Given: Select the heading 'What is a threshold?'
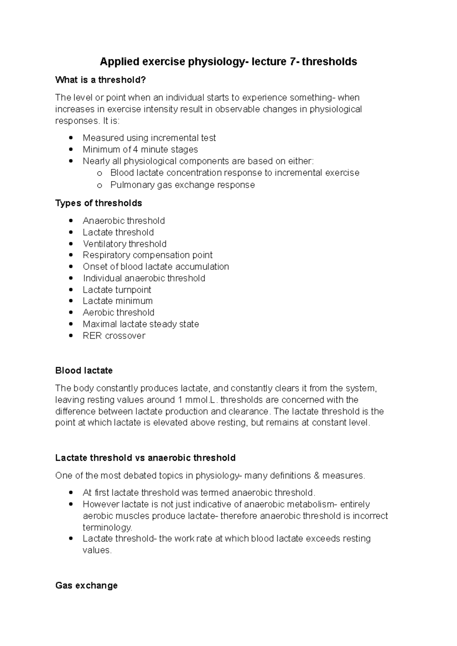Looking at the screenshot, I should coord(101,80).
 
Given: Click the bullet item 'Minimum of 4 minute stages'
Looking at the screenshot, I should coord(140,150).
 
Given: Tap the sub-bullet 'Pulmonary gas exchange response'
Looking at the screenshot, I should coord(182,185).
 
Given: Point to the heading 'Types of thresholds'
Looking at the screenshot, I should coord(99,203).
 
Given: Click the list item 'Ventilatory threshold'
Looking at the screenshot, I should coord(125,244).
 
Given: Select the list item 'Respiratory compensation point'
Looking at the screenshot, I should coord(147,255).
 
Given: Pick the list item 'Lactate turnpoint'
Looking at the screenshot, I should coord(117,290).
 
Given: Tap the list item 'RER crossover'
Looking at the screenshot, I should coord(114,336).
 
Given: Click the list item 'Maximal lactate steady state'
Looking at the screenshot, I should coord(141,324).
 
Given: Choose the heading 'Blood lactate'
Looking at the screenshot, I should coord(84,371).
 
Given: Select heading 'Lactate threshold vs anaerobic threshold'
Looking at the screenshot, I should coord(145,458).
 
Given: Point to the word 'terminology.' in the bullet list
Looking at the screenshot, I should coord(107,527).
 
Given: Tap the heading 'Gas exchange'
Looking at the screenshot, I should coord(86,586).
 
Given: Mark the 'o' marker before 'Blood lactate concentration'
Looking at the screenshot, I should coord(100,173).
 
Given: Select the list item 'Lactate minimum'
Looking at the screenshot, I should coord(118,301).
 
